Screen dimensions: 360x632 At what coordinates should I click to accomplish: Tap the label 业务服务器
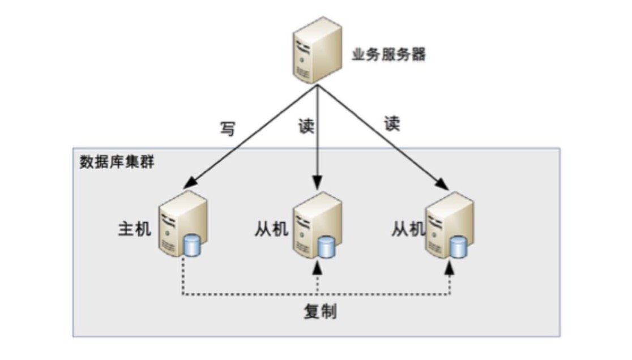pos(388,55)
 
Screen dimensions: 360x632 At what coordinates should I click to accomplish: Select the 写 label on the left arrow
pos(227,129)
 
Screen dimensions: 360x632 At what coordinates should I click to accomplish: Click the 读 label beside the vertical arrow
pos(305,125)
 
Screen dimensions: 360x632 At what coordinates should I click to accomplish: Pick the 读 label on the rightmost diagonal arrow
pos(392,124)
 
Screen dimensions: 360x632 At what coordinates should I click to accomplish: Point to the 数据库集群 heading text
pos(116,161)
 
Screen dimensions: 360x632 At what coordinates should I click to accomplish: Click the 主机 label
pos(134,229)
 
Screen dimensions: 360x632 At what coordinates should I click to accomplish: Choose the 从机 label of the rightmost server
pos(408,229)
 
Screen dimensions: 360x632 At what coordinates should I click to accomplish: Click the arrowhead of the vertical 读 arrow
pos(318,184)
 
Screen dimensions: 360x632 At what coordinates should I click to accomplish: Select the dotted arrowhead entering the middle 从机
pos(318,267)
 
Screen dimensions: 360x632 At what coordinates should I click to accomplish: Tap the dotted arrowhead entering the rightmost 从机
pos(450,267)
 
